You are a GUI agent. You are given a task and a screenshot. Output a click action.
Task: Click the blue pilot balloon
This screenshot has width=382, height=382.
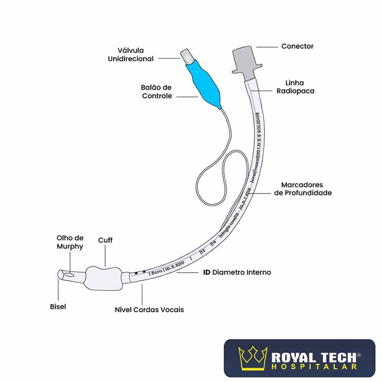(x=203, y=82)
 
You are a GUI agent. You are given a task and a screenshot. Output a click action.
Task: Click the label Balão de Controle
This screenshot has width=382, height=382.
(x=157, y=92)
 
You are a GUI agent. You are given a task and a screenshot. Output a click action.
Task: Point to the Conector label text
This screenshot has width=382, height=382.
(x=297, y=46)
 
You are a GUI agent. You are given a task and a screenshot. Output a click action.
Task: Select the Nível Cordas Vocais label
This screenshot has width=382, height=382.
(x=149, y=309)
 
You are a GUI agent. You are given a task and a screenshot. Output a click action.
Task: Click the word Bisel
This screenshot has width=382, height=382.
(x=58, y=307)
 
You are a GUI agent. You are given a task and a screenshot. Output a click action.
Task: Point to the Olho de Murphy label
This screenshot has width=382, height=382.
(x=70, y=242)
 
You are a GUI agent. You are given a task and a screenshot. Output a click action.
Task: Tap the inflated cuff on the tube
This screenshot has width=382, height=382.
(x=104, y=278)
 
